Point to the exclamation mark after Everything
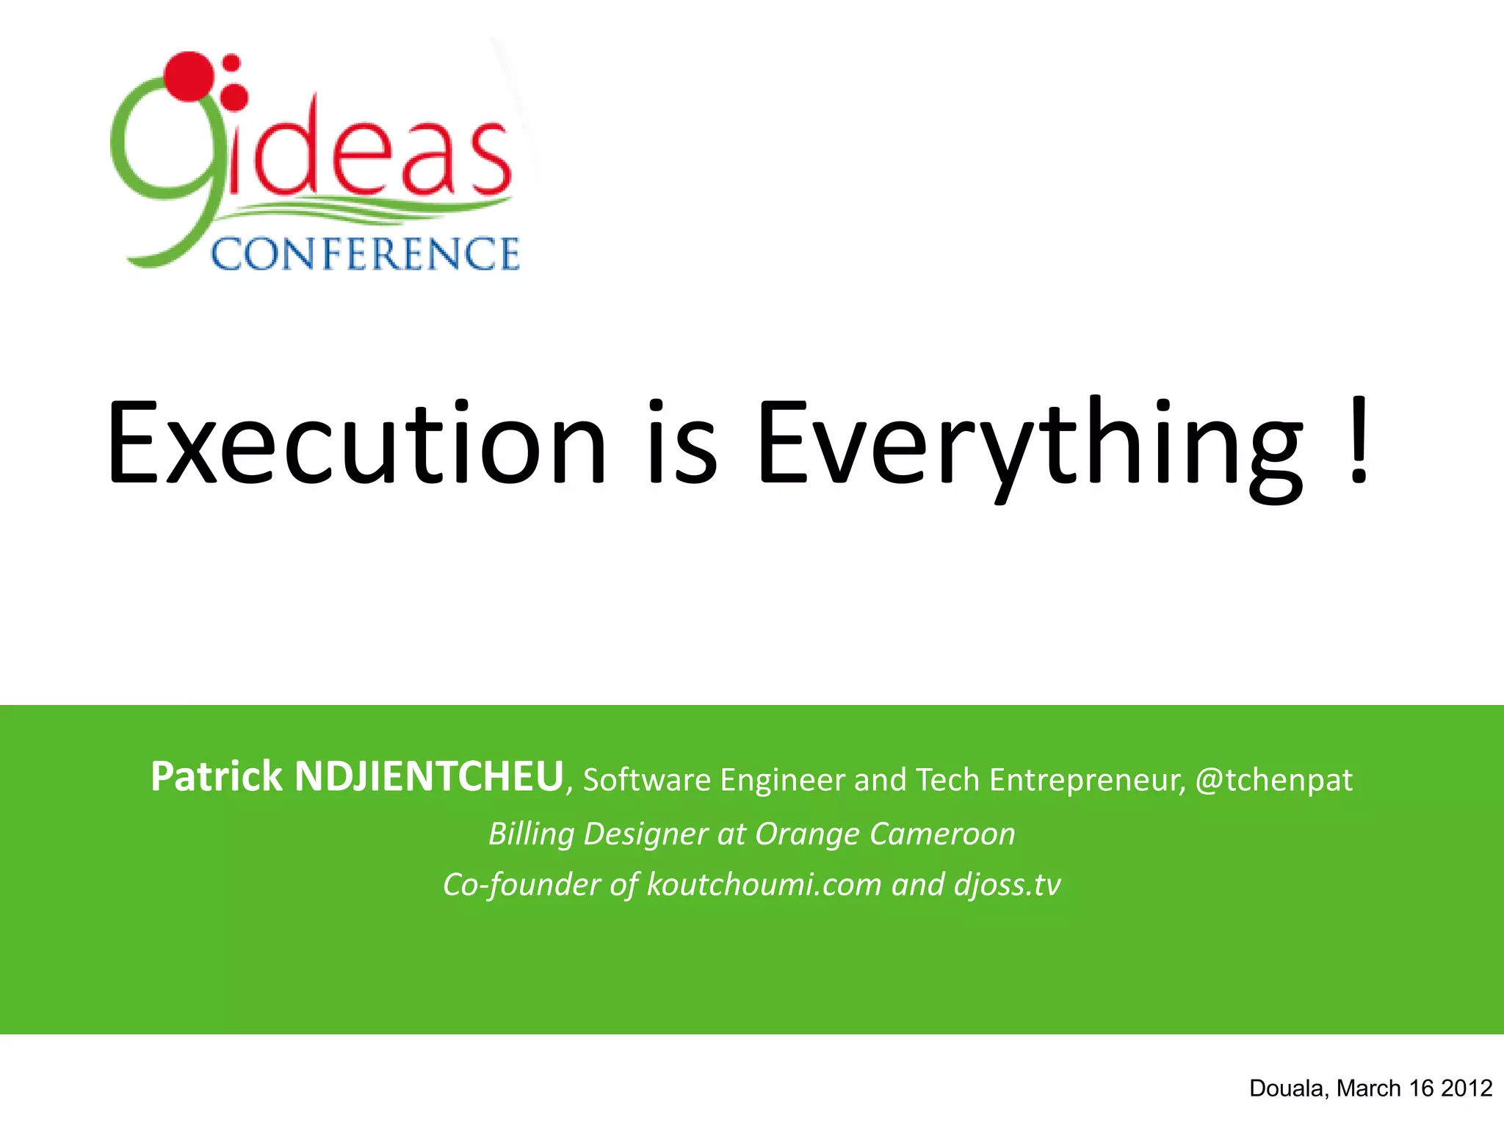[1359, 441]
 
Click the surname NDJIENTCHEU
[429, 777]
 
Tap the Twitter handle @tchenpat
[1273, 780]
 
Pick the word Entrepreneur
[1087, 780]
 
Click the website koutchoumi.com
[764, 885]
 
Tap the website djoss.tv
[1008, 885]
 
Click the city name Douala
[1289, 1088]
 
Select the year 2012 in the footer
[1467, 1088]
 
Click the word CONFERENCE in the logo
[365, 254]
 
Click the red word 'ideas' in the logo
[367, 151]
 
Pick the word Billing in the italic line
[531, 834]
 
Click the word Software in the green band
[647, 780]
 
